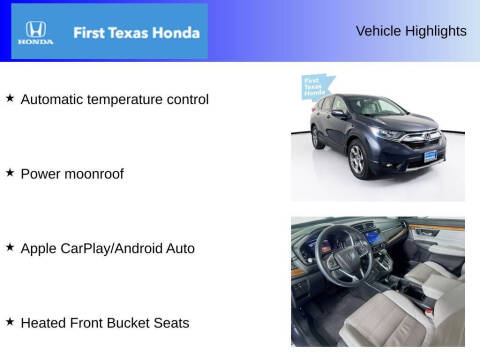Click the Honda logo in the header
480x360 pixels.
(34, 32)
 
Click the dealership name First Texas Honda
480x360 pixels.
(136, 32)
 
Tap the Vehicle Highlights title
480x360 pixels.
(411, 31)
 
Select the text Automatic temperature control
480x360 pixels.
(114, 99)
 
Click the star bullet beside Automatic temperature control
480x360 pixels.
(10, 98)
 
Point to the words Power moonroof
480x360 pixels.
(72, 173)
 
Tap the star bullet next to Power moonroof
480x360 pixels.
(10, 172)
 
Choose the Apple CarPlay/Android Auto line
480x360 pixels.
(107, 248)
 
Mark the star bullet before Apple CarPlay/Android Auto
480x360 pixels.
(10, 247)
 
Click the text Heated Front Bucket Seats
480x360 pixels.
(105, 322)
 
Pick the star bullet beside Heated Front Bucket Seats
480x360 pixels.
(10, 321)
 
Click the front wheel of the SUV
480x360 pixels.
(357, 159)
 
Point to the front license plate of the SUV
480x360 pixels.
(429, 156)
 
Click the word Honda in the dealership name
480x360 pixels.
(176, 32)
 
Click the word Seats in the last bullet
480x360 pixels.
(170, 322)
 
